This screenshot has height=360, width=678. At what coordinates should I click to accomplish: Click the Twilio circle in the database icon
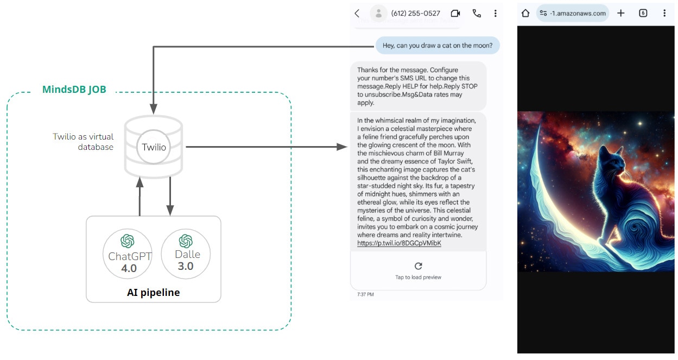tap(154, 147)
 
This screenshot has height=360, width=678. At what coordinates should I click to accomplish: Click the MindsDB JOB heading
tap(74, 90)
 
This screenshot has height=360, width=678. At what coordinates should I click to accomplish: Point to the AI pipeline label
tap(153, 293)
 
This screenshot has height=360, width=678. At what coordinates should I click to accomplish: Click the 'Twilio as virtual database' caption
tap(83, 142)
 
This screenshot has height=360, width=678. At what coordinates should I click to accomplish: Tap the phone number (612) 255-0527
tap(415, 14)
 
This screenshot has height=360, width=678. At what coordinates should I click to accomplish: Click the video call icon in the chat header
tap(455, 14)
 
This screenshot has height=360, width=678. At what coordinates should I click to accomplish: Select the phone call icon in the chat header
tap(477, 14)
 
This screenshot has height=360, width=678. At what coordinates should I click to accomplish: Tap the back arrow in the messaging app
tap(357, 14)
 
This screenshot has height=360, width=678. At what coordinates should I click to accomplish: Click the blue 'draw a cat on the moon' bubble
tap(438, 46)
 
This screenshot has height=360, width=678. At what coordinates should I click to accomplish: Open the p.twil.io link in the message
tap(399, 243)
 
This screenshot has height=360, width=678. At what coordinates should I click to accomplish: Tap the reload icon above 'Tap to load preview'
tap(418, 266)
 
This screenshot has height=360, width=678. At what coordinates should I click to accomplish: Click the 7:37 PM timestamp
tap(365, 294)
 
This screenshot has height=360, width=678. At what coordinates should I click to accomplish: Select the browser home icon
tap(525, 13)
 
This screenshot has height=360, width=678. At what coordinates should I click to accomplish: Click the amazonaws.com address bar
tap(573, 14)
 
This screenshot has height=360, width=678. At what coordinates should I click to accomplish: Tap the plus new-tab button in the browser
tap(621, 13)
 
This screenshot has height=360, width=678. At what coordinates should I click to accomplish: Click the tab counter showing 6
tap(643, 13)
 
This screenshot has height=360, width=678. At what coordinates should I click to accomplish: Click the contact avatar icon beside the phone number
tap(378, 14)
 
